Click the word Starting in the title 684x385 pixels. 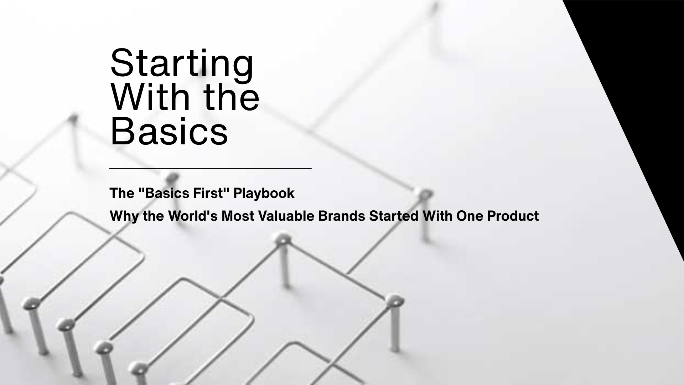coord(182,63)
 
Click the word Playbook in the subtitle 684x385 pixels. coord(264,193)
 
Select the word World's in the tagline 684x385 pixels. coord(192,216)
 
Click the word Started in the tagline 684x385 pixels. coord(394,216)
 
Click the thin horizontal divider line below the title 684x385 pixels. coord(210,168)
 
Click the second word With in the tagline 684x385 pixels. coord(437,216)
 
